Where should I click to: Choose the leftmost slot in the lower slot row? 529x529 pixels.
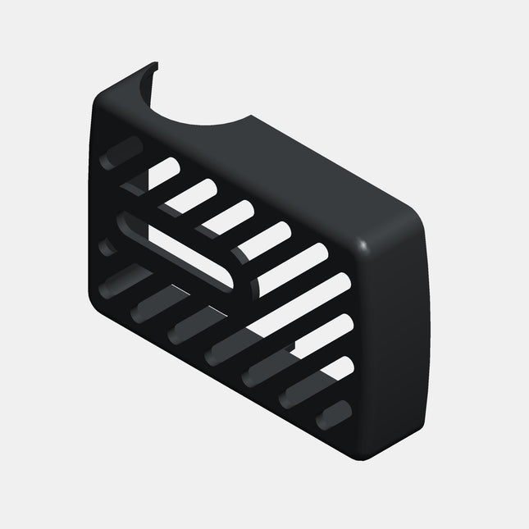(120, 280)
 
